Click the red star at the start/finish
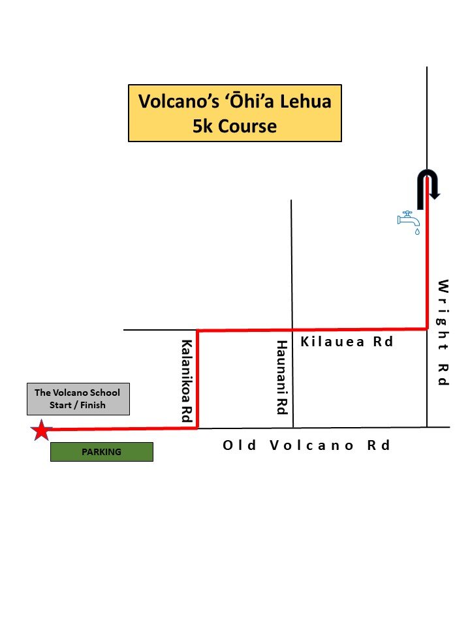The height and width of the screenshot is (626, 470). [x=41, y=430]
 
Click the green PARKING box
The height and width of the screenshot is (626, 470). [x=102, y=452]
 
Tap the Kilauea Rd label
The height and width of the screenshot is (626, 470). [x=347, y=342]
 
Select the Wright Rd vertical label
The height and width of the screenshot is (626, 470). [x=443, y=332]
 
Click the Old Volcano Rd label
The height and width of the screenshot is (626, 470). [x=307, y=445]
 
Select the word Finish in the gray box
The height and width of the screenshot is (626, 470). [x=92, y=405]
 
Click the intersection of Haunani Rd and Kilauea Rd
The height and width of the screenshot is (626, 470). [x=291, y=329]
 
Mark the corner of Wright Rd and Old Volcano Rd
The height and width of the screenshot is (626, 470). [x=427, y=427]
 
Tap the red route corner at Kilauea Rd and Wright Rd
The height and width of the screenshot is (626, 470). [x=427, y=328]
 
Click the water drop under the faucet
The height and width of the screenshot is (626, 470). [x=417, y=231]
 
